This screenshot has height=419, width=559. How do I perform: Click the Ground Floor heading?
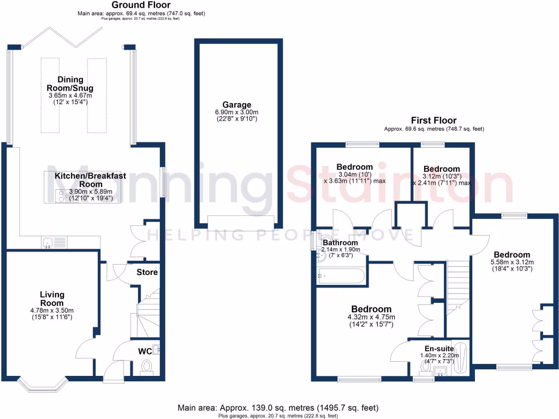[142, 5]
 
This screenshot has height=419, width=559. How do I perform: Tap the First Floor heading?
[435, 121]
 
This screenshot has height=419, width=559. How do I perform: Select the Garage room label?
[236, 105]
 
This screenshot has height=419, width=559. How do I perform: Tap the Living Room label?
[52, 299]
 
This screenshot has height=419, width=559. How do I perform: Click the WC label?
[145, 350]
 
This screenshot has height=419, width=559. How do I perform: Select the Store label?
[147, 272]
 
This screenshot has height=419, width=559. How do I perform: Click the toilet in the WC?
[146, 366]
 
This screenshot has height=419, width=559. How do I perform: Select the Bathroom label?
[340, 243]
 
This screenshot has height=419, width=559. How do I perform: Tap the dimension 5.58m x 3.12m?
[512, 262]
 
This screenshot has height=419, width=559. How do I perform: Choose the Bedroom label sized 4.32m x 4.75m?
[371, 309]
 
